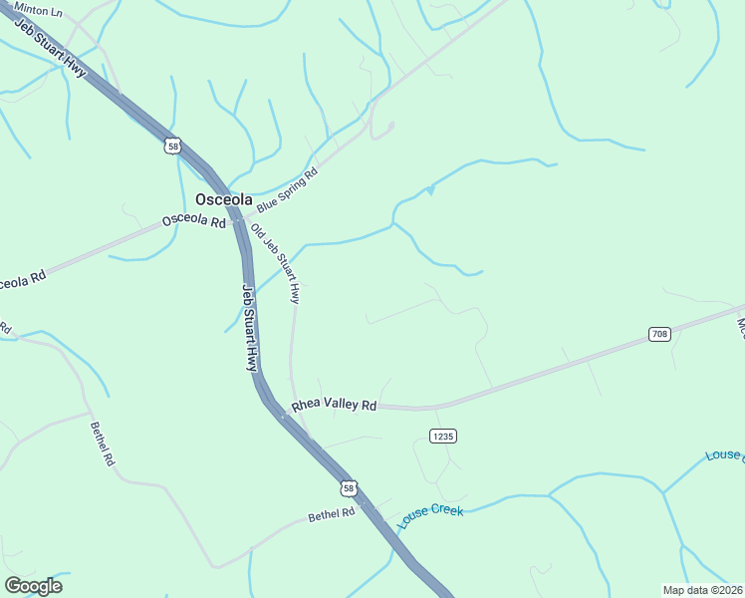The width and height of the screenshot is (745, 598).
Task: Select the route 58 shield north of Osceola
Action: pos(173,146)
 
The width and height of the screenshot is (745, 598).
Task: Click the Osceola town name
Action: pos(224,198)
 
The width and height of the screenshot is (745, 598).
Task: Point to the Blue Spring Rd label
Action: pos(287,190)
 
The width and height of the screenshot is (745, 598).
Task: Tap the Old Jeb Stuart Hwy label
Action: pos(275,263)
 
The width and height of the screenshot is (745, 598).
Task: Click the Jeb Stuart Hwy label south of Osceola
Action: pos(250,328)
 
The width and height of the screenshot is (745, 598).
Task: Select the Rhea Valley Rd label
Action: pos(334,406)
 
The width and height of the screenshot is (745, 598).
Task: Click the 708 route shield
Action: pos(659,334)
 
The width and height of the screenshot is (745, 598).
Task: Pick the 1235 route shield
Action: pos(443,437)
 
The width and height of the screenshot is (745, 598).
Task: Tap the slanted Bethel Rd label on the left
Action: pos(103,445)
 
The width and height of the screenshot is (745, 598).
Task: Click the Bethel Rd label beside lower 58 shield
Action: pos(331,515)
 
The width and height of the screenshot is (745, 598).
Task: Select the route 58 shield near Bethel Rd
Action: pos(347,487)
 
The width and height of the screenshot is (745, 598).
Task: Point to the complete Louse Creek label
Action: pos(431,516)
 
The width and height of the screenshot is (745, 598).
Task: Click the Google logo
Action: pos(33,586)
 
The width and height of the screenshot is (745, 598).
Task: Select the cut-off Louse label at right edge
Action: pos(724,455)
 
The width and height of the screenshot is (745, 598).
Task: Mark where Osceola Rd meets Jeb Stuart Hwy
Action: pos(237,218)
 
